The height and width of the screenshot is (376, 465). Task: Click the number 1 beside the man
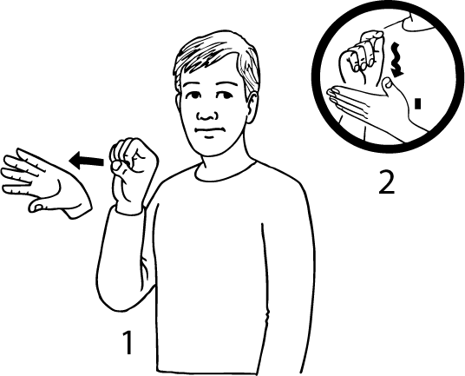click(x=128, y=342)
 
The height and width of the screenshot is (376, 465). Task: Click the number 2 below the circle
click(x=387, y=182)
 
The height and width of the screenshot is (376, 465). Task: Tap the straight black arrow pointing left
click(x=86, y=161)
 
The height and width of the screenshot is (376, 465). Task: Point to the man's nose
click(x=207, y=115)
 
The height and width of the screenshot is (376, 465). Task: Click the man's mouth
click(x=209, y=130)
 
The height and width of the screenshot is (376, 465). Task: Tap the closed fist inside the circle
click(x=362, y=59)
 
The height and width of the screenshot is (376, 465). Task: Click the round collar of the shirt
click(x=226, y=172)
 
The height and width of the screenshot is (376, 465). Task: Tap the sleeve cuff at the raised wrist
click(x=129, y=210)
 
